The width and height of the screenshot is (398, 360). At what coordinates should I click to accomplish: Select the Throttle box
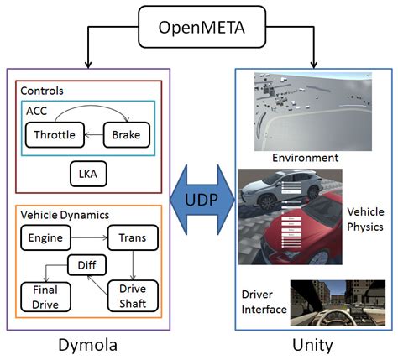click(55, 134)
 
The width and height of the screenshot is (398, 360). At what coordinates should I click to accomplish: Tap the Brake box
click(128, 134)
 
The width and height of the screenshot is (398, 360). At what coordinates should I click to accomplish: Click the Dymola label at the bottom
click(86, 344)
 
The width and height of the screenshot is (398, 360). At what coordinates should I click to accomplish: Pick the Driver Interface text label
click(263, 302)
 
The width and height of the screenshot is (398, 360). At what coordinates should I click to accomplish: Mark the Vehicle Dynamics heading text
click(65, 215)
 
